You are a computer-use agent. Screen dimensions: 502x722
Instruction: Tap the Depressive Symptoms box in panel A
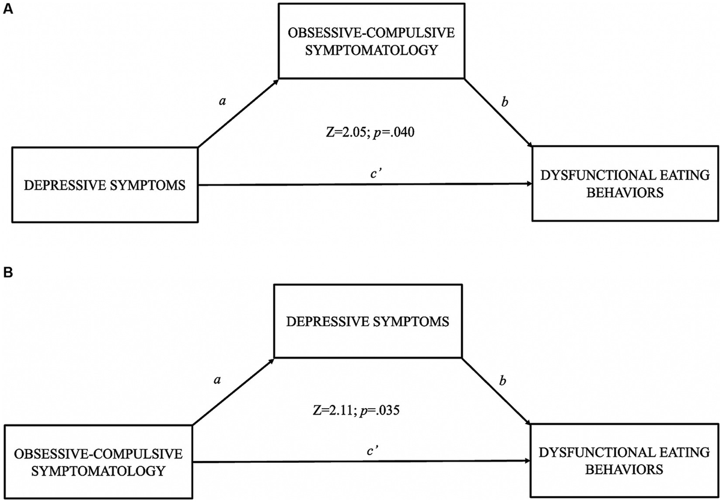(106, 185)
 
